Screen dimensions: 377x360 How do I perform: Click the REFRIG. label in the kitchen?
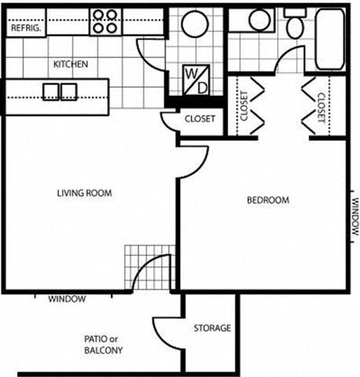coord(25,27)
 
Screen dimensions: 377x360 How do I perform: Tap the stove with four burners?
coord(104,21)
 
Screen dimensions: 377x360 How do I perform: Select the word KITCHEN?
coord(70,64)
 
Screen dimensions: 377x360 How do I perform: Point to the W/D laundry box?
coord(196,80)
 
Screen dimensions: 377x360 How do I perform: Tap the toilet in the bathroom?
coord(296,27)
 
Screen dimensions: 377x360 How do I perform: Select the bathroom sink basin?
coord(258,21)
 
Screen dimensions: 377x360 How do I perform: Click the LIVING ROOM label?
coord(85,192)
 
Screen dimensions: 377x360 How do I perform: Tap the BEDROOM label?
coord(268,200)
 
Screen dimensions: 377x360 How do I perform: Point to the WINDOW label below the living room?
coord(67,299)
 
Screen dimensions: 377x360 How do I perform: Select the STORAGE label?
coord(212,328)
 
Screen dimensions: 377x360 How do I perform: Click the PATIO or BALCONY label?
coord(103,345)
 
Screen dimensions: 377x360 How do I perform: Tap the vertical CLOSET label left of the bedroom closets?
coord(244,106)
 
